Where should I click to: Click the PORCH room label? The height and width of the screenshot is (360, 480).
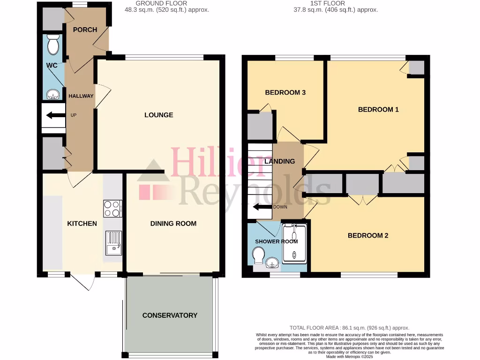point(85,30)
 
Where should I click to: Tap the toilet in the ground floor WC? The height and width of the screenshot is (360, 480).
point(53,45)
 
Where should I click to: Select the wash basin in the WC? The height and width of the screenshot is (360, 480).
point(53,94)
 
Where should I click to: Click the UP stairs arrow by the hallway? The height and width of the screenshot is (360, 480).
point(55,115)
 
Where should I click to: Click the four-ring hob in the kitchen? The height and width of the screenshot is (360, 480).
point(112,209)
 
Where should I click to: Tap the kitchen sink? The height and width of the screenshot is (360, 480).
point(113,243)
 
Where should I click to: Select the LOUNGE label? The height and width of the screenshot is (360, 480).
point(158,115)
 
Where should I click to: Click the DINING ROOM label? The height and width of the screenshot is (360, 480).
point(173,224)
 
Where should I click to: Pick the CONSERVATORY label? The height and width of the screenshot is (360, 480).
point(170,315)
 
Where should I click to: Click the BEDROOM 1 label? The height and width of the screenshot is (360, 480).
point(378,110)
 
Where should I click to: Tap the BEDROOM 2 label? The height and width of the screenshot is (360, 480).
point(367,236)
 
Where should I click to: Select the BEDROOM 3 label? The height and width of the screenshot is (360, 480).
point(285,92)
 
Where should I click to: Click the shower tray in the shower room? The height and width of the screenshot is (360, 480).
point(294,242)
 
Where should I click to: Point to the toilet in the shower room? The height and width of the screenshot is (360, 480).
point(257,257)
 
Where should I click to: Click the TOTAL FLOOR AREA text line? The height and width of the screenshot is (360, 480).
point(349,328)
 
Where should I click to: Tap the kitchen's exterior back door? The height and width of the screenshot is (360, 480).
point(83,282)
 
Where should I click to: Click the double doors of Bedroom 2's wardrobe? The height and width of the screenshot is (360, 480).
point(363,200)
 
